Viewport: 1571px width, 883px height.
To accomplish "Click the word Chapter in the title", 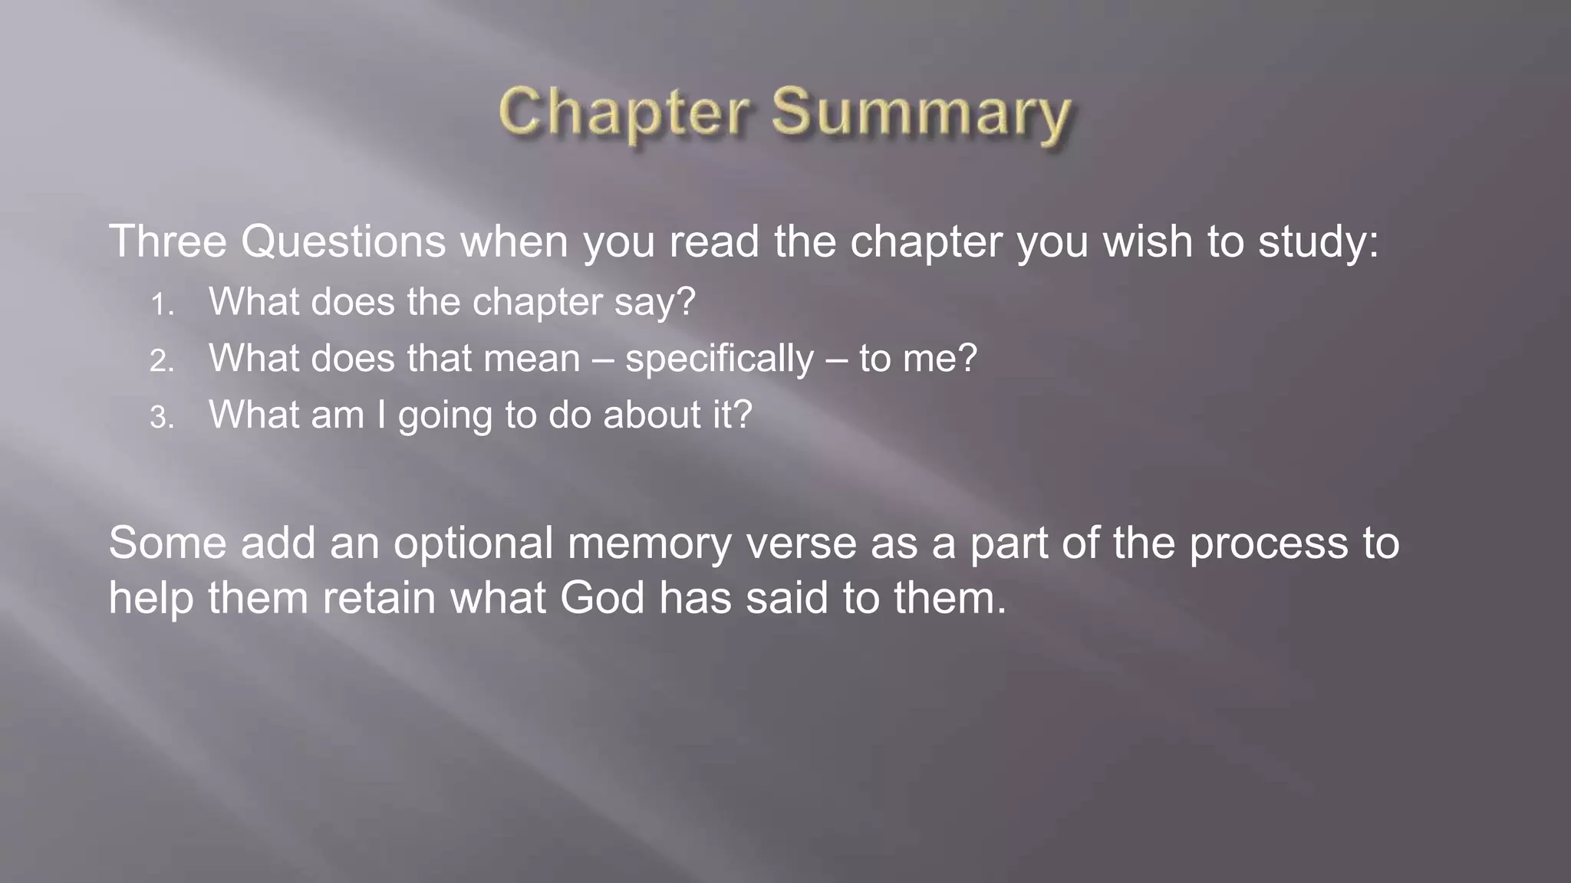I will (622, 113).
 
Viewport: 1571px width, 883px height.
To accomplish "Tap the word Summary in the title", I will (921, 114).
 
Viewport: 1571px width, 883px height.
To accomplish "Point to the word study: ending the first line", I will (1319, 242).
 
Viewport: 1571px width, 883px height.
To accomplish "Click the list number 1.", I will (162, 305).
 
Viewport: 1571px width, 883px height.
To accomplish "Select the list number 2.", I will (162, 361).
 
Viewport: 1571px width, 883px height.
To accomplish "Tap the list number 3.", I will (162, 418).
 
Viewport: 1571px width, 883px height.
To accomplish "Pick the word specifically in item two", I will (720, 359).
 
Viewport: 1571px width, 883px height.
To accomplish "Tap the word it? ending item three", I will (732, 415).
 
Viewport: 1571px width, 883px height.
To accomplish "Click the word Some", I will (168, 543).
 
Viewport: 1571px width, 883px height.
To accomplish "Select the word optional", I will (473, 543).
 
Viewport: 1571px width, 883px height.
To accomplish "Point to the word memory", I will (649, 544).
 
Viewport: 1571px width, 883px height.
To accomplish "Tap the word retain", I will (379, 598).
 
